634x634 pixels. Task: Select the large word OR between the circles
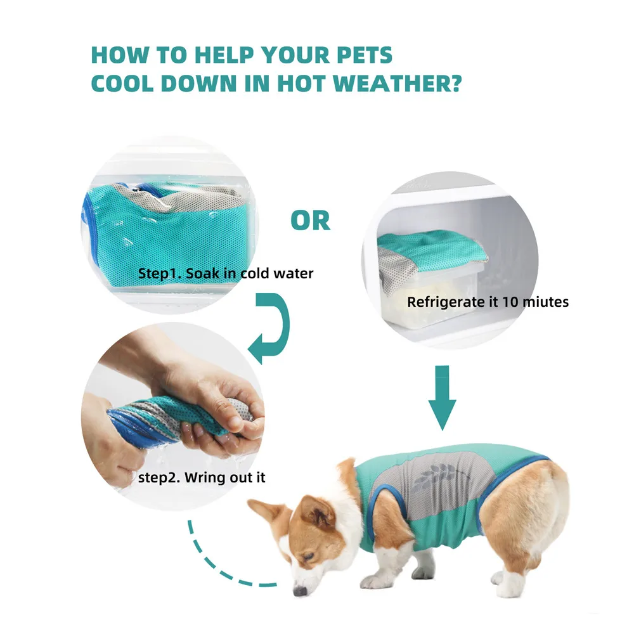pyautogui.click(x=311, y=220)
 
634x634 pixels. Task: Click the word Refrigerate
pyautogui.click(x=445, y=302)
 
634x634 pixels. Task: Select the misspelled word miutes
pyautogui.click(x=545, y=302)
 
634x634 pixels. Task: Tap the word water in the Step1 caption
pyautogui.click(x=292, y=275)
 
